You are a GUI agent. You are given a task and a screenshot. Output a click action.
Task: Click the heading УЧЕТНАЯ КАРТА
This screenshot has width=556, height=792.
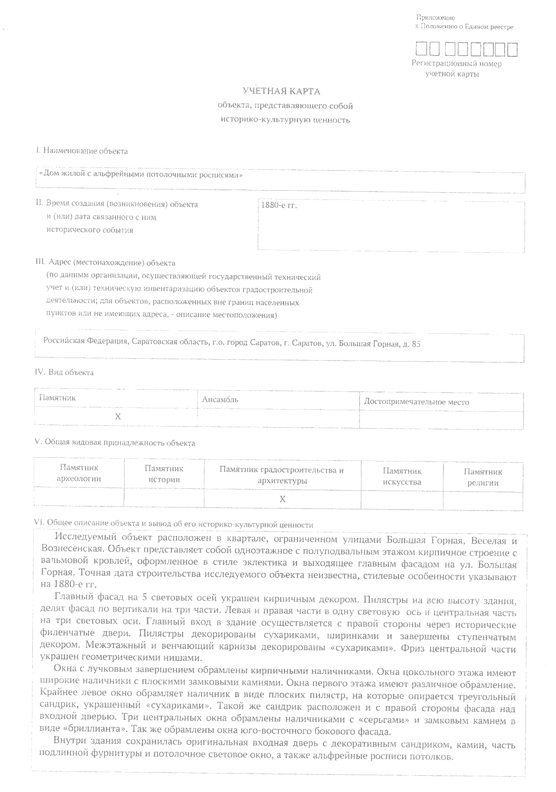[282, 91]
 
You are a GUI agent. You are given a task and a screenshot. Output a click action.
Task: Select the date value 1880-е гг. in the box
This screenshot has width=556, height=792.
[279, 205]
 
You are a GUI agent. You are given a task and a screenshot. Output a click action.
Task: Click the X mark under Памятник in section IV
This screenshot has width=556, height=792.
[118, 417]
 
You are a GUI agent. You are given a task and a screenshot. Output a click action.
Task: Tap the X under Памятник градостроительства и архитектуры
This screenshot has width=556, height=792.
[282, 499]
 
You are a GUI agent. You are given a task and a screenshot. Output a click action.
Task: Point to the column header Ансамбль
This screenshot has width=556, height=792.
[220, 399]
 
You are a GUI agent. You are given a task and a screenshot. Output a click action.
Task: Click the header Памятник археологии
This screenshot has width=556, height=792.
[79, 474]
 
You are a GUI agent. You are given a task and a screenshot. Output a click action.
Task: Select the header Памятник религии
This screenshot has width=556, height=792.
[483, 477]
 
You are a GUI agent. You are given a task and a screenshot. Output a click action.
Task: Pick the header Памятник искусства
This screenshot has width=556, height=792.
[402, 476]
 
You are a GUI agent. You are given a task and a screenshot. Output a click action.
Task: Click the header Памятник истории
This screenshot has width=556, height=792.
[164, 474]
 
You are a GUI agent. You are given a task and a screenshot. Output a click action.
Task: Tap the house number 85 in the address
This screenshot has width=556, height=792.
[416, 344]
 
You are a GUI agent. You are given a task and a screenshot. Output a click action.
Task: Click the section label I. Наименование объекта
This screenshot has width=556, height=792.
[82, 151]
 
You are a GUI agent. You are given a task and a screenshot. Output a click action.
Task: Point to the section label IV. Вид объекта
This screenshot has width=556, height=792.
[64, 372]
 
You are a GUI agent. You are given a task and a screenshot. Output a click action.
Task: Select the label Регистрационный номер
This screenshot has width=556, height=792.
[456, 64]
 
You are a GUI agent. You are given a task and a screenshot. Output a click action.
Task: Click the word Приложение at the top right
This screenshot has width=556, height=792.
[435, 18]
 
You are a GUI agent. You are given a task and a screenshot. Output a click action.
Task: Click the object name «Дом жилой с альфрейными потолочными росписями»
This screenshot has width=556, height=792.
[141, 175]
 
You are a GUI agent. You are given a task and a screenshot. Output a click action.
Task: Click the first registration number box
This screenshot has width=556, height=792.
[421, 49]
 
